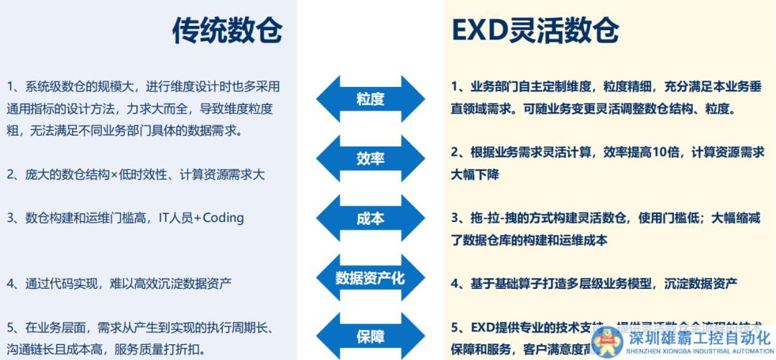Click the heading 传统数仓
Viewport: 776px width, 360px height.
pyautogui.click(x=227, y=30)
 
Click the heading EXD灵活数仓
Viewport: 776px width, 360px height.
pyautogui.click(x=535, y=30)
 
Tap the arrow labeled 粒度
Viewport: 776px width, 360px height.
pyautogui.click(x=370, y=99)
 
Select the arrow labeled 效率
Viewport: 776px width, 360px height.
pyautogui.click(x=370, y=159)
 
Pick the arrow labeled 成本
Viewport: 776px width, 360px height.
pyautogui.click(x=370, y=218)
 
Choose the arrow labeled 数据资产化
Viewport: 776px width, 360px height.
pyautogui.click(x=370, y=277)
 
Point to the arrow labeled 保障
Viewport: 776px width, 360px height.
pyautogui.click(x=370, y=336)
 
